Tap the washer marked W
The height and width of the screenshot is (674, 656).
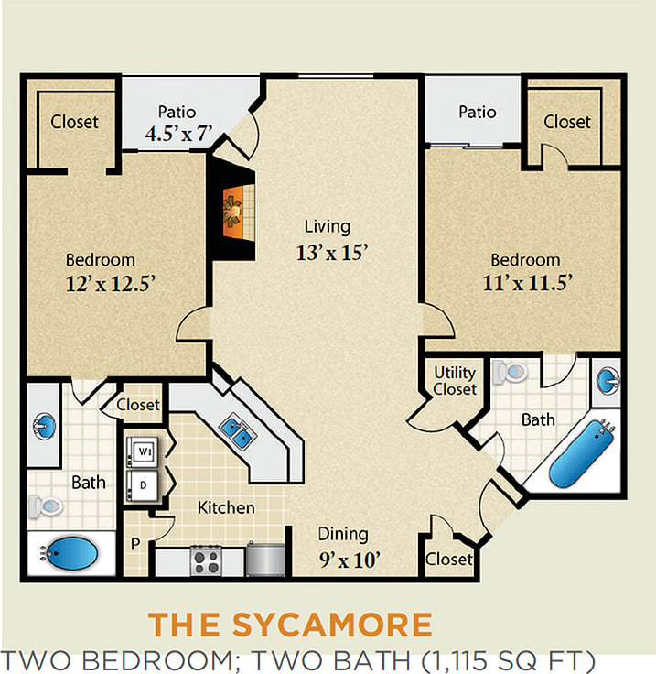[144, 451]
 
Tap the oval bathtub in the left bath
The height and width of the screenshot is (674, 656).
[70, 552]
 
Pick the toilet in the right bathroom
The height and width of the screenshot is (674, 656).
[512, 373]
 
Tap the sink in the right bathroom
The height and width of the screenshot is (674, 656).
[608, 377]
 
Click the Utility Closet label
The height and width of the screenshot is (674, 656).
[455, 381]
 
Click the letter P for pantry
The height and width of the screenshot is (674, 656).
[135, 544]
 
